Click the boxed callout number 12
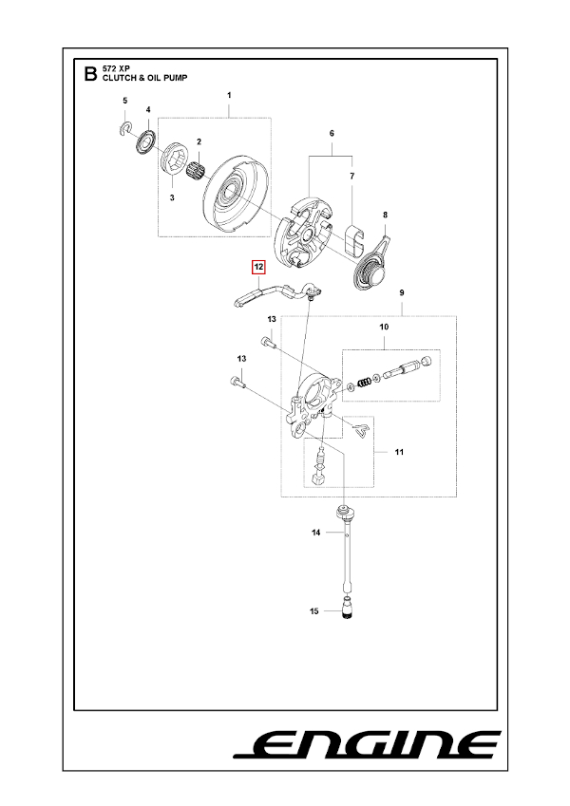click(256, 268)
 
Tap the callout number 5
click(123, 101)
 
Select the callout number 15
click(314, 611)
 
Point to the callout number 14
click(316, 534)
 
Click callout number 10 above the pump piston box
click(384, 328)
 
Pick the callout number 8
click(385, 215)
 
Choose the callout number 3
click(171, 197)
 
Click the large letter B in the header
click(90, 74)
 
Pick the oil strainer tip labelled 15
click(347, 609)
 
